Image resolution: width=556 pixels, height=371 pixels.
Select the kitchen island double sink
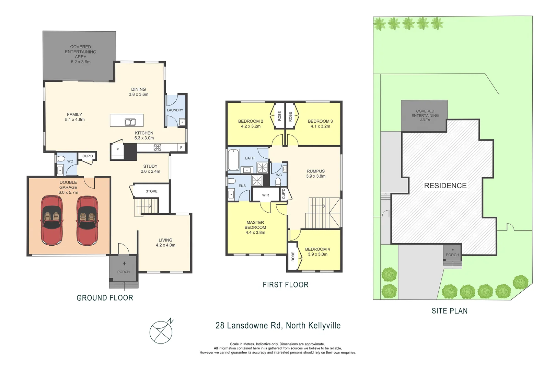130,122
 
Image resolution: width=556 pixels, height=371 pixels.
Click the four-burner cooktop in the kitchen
157,148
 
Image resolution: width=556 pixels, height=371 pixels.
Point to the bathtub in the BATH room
233,160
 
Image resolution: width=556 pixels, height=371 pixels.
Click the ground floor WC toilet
61,159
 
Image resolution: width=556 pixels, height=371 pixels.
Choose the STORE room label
151,191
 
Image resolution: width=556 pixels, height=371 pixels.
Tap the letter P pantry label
118,149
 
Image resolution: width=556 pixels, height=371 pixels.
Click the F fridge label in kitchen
181,148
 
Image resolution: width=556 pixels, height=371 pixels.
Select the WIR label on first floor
265,195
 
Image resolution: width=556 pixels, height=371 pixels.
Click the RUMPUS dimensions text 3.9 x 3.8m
316,176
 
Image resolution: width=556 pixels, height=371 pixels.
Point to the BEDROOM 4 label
317,249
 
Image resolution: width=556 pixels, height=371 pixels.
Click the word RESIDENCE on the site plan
445,186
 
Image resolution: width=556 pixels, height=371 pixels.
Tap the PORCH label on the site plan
452,255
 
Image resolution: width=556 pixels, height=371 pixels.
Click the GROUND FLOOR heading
105,298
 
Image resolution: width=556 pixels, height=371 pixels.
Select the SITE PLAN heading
449,311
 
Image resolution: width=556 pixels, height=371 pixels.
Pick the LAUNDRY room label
175,110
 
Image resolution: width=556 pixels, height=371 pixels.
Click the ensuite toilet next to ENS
232,181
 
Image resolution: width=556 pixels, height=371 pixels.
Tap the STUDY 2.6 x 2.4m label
150,169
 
